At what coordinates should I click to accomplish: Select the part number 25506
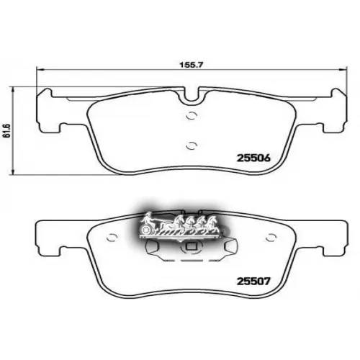click(x=252, y=158)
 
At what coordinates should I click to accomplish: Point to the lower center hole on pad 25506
click(x=190, y=144)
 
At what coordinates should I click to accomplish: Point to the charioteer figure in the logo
click(x=147, y=216)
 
